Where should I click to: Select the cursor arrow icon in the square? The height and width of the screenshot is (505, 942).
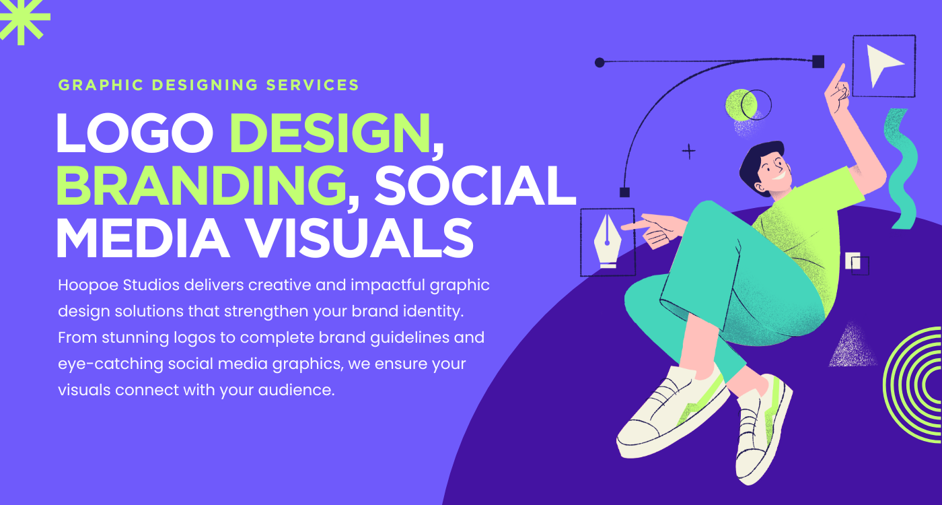(883, 65)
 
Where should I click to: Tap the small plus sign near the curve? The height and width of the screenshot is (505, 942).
(688, 151)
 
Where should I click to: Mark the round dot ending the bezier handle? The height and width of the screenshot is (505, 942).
(600, 63)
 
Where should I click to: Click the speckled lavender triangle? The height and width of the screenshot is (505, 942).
(853, 346)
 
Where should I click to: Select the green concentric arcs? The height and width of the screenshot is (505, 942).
(915, 383)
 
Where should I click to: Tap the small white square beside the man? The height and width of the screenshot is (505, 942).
(853, 261)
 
